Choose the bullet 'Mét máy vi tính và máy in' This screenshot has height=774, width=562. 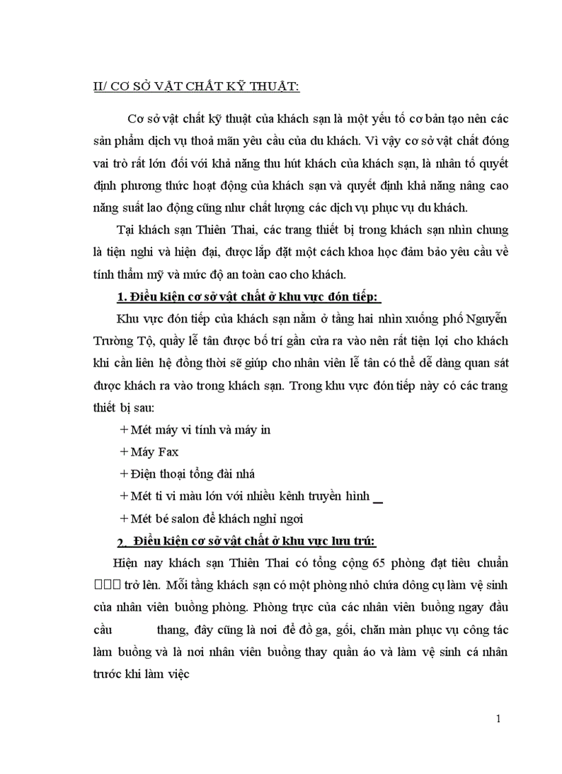[x=195, y=429]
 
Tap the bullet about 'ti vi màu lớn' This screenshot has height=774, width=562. [x=246, y=496]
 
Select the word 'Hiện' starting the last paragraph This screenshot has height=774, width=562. [x=116, y=563]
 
